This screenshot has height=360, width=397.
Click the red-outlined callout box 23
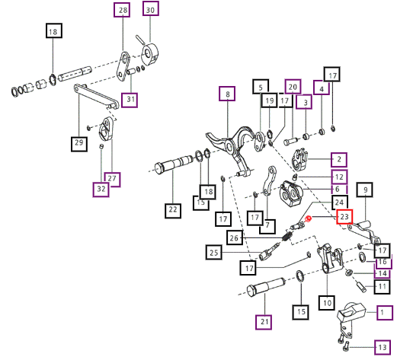pyautogui.click(x=344, y=217)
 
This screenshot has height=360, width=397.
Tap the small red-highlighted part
pyautogui.click(x=308, y=218)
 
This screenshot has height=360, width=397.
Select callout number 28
pyautogui.click(x=122, y=10)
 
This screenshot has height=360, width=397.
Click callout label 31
pyautogui.click(x=130, y=100)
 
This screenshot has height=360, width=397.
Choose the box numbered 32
pyautogui.click(x=101, y=190)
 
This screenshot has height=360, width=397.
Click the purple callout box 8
pyautogui.click(x=227, y=94)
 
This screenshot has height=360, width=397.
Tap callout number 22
pyautogui.click(x=173, y=211)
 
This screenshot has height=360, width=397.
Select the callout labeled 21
pyautogui.click(x=264, y=322)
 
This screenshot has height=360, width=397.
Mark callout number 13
pyautogui.click(x=383, y=347)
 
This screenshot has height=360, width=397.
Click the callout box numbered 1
pyautogui.click(x=385, y=313)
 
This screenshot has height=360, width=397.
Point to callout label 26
pyautogui.click(x=235, y=237)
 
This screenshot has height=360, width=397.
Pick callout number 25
pyautogui.click(x=214, y=252)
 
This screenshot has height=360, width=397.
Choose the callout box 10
pyautogui.click(x=327, y=303)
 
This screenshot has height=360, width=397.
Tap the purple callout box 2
pyautogui.click(x=339, y=160)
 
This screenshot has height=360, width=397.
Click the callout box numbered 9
pyautogui.click(x=365, y=190)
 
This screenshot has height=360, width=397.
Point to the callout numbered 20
pyautogui.click(x=293, y=87)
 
